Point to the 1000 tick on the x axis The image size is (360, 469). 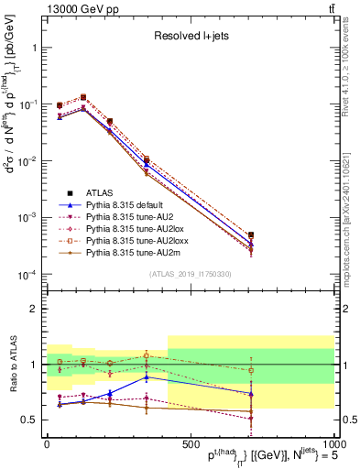[x=333, y=441]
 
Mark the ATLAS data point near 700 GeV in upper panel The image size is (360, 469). [x=250, y=235]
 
